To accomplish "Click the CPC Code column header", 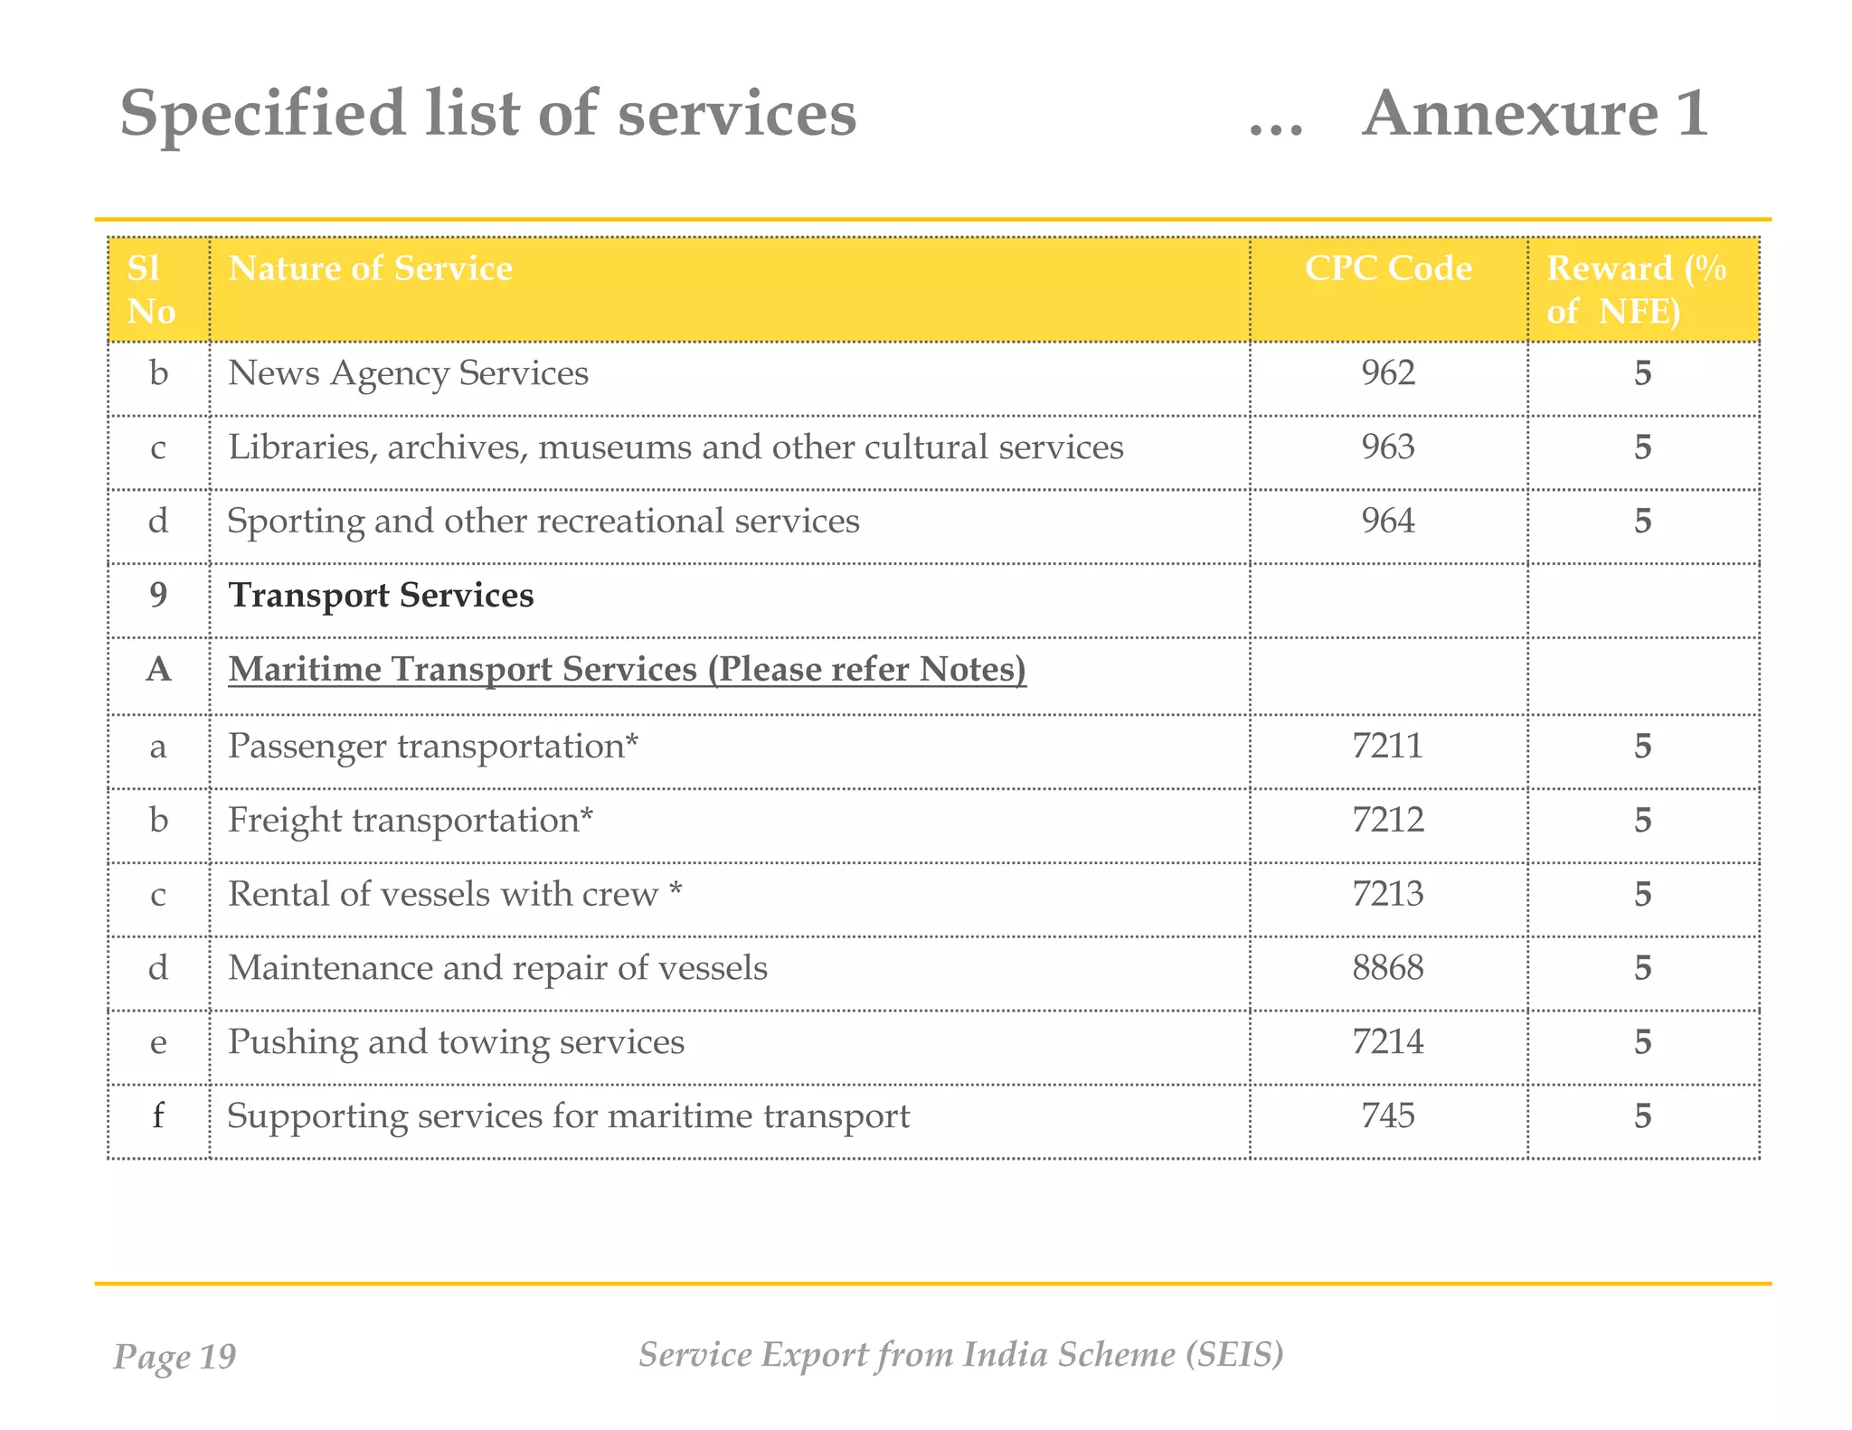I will pos(1387,269).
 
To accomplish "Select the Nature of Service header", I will pos(370,269).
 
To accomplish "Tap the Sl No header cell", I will pos(152,289).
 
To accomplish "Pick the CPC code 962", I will pos(1387,373).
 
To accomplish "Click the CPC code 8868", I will pos(1387,968).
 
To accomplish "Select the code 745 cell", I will pos(1387,1116).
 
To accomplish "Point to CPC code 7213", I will pos(1387,894).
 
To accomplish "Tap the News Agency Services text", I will pos(408,373).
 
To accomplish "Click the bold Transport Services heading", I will pos(381,596).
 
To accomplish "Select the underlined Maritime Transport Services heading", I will pos(627,670).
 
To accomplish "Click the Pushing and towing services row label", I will pos(456,1042).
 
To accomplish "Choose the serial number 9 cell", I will pos(158,596).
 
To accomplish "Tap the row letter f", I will pos(158,1116).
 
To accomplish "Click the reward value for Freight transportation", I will pos(1642,821).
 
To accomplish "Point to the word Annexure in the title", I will pos(1509,115).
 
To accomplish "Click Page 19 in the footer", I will pos(175,1357).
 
